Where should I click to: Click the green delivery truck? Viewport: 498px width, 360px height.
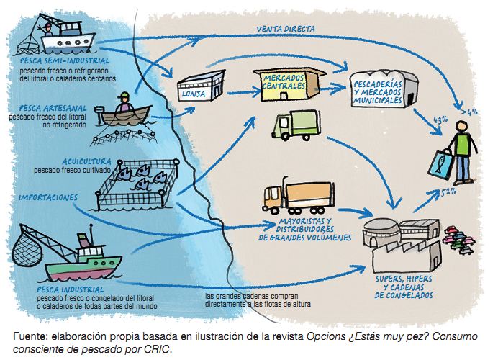tap(294, 126)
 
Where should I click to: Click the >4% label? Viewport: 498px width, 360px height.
tap(471, 112)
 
